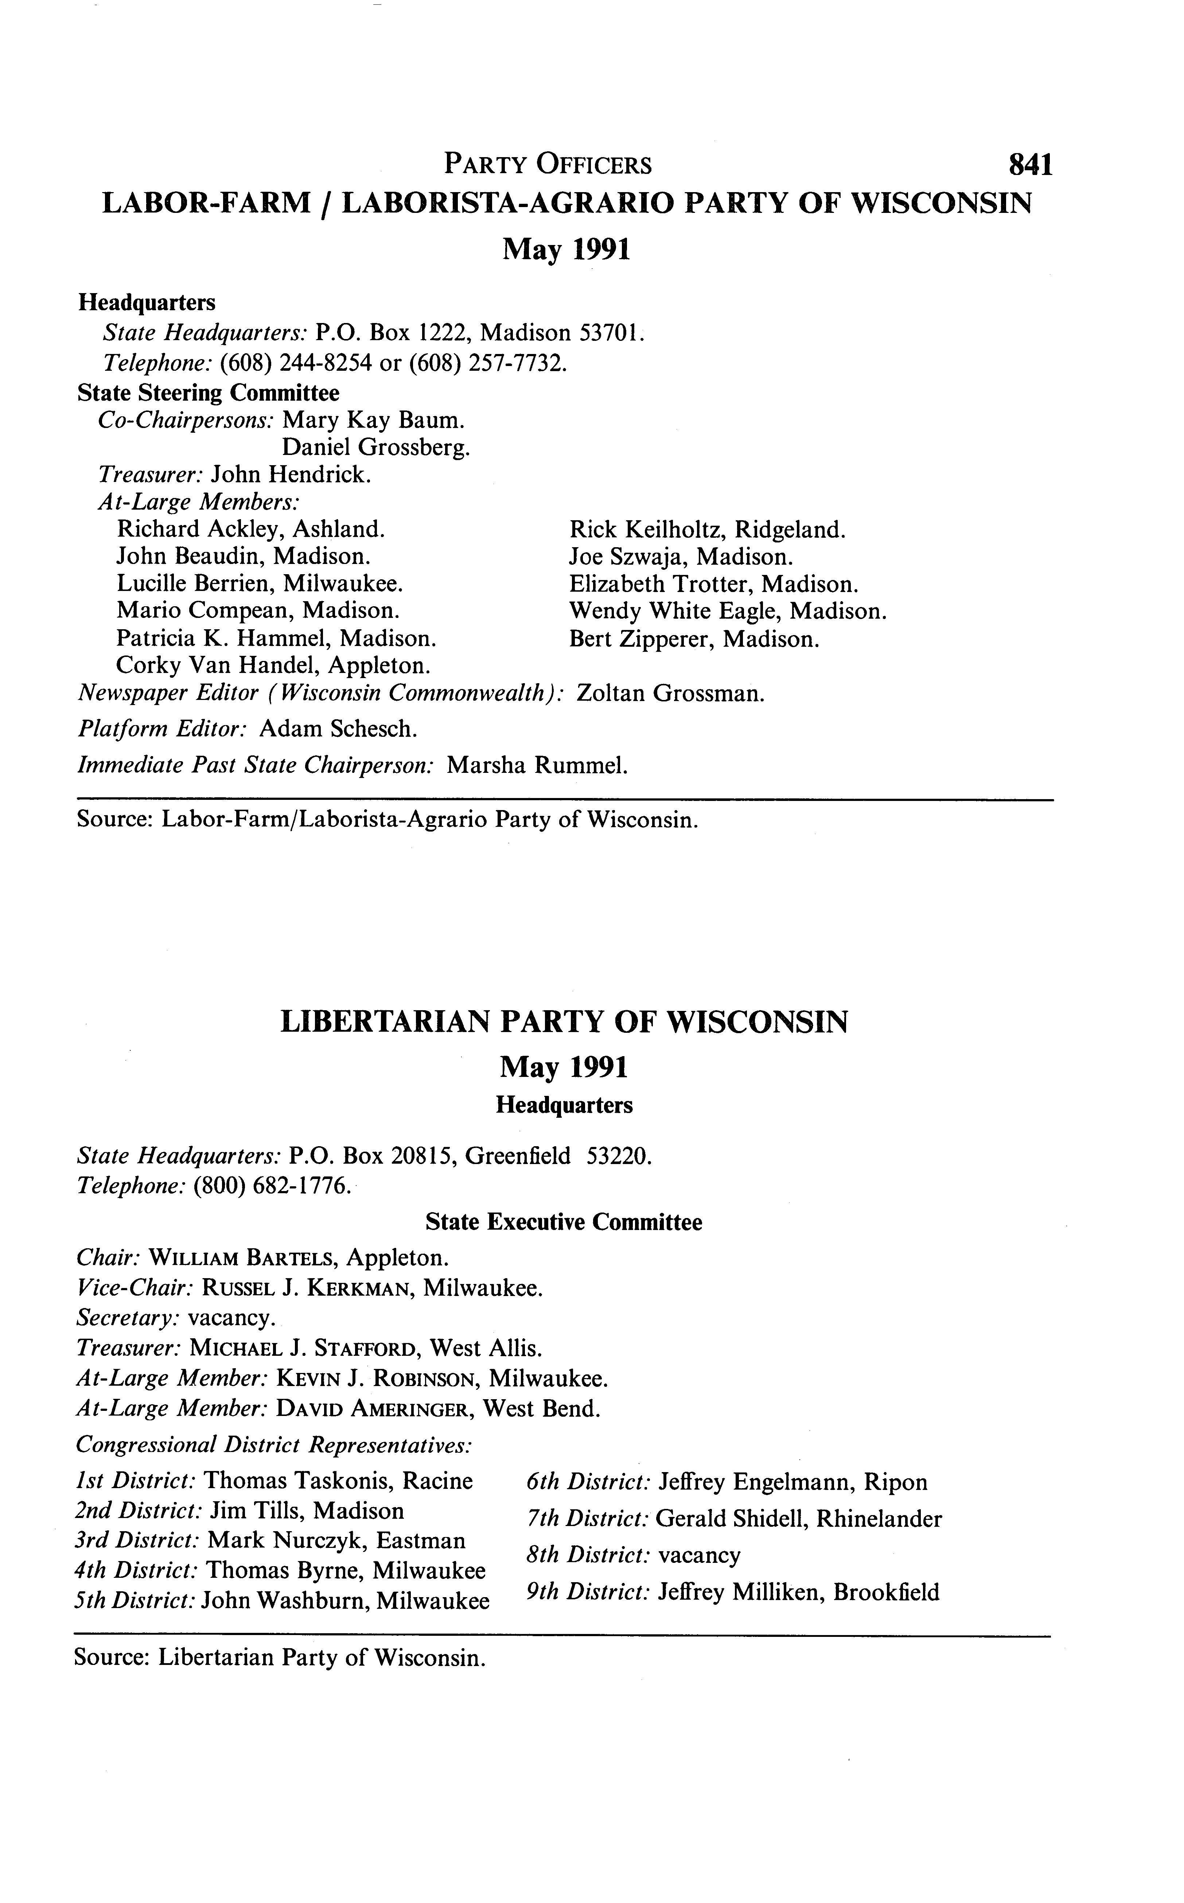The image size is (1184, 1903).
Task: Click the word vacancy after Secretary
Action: pos(229,1317)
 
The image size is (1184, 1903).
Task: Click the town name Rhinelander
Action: pos(879,1519)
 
